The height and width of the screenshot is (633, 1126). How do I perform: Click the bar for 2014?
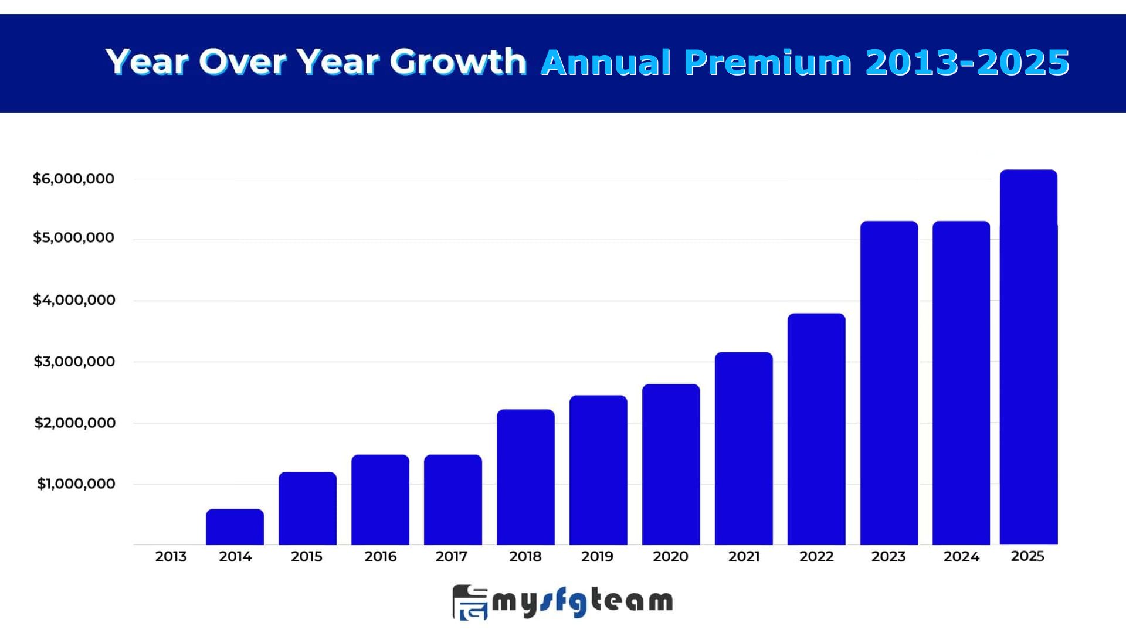click(x=235, y=527)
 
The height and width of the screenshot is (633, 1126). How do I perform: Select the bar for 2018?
click(x=525, y=477)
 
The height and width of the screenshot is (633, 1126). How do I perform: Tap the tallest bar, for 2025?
click(x=1029, y=357)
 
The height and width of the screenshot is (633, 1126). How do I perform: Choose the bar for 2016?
click(x=380, y=499)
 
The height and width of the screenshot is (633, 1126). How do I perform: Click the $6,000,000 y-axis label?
click(x=73, y=179)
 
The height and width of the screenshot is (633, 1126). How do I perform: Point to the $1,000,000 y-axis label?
click(x=76, y=484)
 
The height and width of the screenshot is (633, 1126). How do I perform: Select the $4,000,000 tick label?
click(x=74, y=300)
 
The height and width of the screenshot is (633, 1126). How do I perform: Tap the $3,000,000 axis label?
click(x=74, y=362)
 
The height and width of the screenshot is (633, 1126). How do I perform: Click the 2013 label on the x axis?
click(x=171, y=556)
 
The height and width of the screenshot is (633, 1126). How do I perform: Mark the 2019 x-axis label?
click(x=597, y=556)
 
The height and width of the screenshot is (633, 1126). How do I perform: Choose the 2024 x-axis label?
click(x=961, y=556)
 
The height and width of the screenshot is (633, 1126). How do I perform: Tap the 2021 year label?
click(x=744, y=556)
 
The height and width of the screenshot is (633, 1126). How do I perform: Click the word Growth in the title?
click(x=458, y=62)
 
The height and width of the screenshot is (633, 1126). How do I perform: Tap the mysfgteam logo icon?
click(x=470, y=602)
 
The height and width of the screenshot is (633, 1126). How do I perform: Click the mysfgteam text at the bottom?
click(x=582, y=602)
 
